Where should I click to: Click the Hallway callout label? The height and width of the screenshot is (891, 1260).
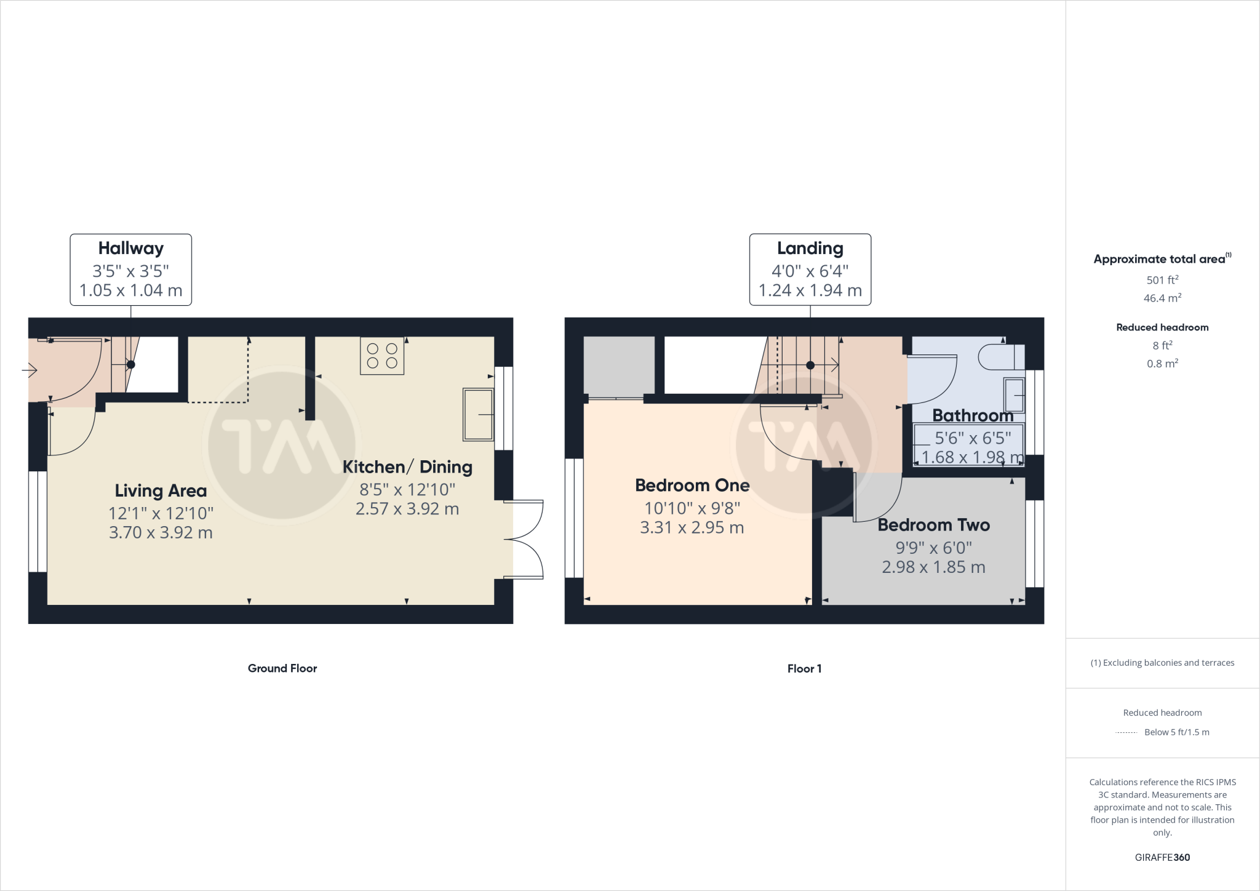pos(130,249)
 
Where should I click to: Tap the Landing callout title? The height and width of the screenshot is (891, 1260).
pos(810,249)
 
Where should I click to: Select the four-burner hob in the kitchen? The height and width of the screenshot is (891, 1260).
pos(382,356)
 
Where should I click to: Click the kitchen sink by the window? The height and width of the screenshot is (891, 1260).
pos(479,415)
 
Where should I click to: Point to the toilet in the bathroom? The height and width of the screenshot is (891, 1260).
pos(1000,357)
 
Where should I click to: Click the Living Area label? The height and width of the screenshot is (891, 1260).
pos(161,491)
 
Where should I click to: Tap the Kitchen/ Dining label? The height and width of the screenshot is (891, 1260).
pos(407,467)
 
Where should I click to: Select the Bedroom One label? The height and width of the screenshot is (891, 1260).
pos(692,485)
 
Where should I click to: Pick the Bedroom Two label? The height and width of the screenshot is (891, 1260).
pos(933,525)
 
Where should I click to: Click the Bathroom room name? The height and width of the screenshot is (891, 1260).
pos(973,416)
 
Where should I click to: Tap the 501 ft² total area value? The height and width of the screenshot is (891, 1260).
pos(1162,280)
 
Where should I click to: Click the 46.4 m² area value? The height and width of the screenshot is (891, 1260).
pos(1162,298)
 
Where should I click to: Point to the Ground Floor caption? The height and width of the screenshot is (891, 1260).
pos(282,668)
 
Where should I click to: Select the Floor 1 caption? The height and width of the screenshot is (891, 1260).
pos(804,669)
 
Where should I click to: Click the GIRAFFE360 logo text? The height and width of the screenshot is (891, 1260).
pos(1162,857)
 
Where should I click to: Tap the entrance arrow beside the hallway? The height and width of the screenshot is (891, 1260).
pos(30,370)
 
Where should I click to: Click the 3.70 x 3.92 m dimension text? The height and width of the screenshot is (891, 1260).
pos(161,532)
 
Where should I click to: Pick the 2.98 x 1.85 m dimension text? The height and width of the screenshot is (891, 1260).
pos(933,567)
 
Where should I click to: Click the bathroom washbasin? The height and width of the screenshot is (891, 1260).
pos(1015,394)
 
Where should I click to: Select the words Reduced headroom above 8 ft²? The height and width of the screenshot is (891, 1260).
pos(1162,327)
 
